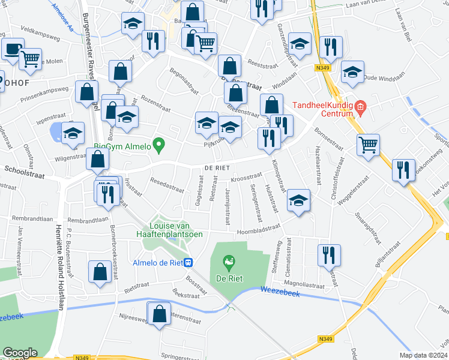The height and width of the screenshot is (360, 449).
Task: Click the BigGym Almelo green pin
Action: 158,145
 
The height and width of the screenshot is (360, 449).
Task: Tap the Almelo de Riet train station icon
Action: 188,262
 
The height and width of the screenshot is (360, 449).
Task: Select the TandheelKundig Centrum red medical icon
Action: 360,109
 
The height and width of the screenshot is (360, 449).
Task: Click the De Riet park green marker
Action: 228,262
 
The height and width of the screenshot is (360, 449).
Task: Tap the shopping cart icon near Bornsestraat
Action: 367,144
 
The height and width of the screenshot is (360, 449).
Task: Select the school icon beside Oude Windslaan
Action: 352,72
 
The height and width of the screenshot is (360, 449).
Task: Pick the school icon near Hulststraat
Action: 298,200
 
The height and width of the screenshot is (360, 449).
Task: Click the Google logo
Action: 20,353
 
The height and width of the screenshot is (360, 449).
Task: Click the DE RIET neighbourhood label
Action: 216,167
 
